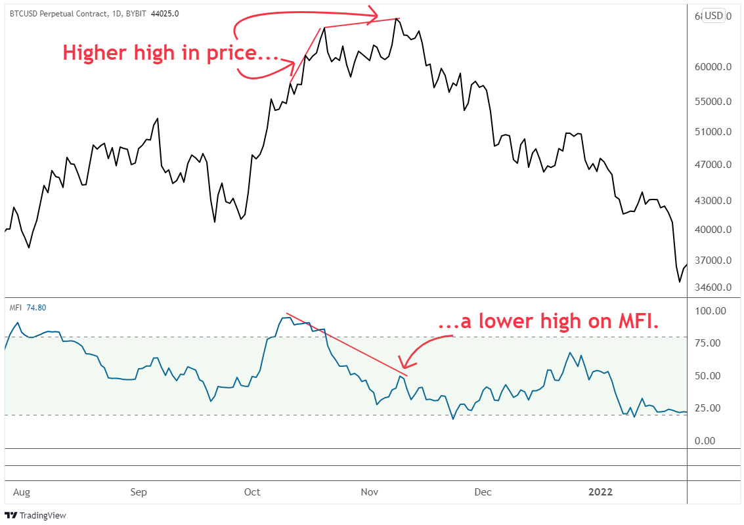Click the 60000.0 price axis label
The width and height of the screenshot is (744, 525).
713,67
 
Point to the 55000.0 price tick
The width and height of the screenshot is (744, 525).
713,102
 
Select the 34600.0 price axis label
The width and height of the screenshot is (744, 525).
713,287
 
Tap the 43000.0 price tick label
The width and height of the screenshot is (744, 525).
713,201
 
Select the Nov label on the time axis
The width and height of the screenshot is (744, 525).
368,492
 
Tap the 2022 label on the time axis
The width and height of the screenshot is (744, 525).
600,492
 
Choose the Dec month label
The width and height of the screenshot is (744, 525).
483,492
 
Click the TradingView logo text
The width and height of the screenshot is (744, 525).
43,516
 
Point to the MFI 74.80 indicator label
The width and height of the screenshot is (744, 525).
28,307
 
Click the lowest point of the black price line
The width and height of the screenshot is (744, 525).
679,282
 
